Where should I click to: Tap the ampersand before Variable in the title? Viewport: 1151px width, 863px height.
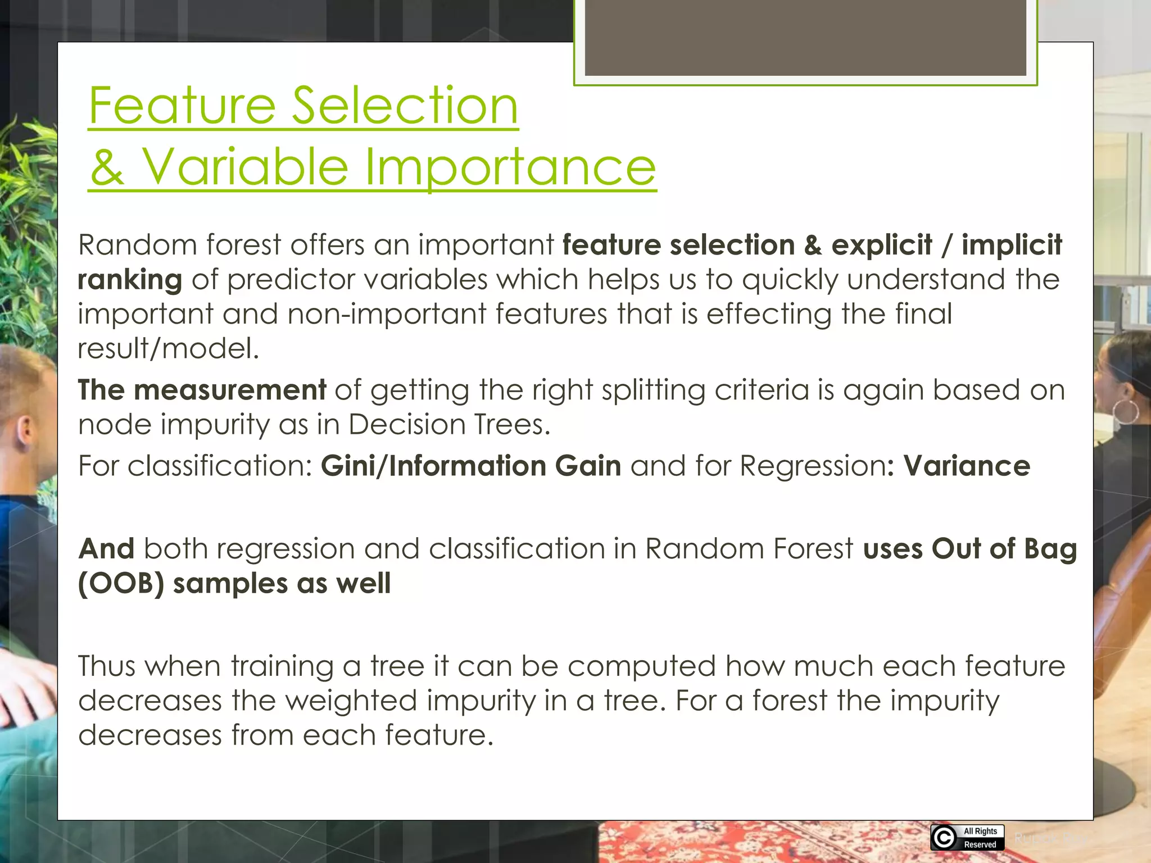tap(107, 167)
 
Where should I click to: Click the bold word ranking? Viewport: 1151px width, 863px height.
tap(130, 280)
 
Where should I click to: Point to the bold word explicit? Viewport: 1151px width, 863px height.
tap(881, 245)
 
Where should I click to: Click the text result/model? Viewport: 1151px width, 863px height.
tap(168, 348)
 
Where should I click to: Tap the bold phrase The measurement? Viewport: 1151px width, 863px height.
tap(202, 389)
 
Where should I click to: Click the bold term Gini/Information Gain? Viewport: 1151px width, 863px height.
tap(471, 466)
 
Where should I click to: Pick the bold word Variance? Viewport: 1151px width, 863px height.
tap(967, 466)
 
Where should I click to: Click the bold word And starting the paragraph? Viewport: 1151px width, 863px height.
tap(106, 548)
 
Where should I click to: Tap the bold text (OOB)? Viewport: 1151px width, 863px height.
tap(121, 583)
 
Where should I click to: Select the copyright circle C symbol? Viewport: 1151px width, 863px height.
tap(944, 838)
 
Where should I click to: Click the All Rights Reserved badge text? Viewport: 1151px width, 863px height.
tap(980, 838)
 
